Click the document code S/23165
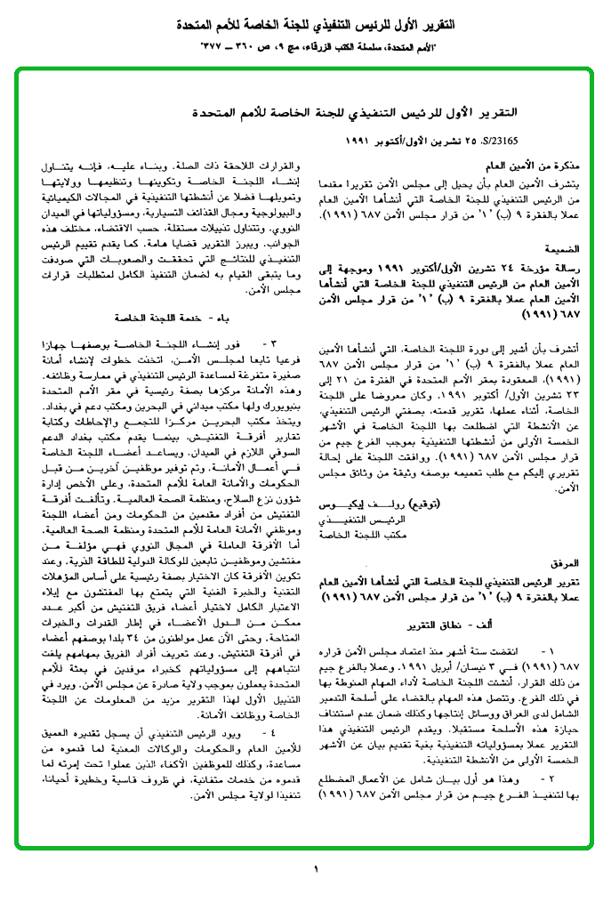pos(499,141)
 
